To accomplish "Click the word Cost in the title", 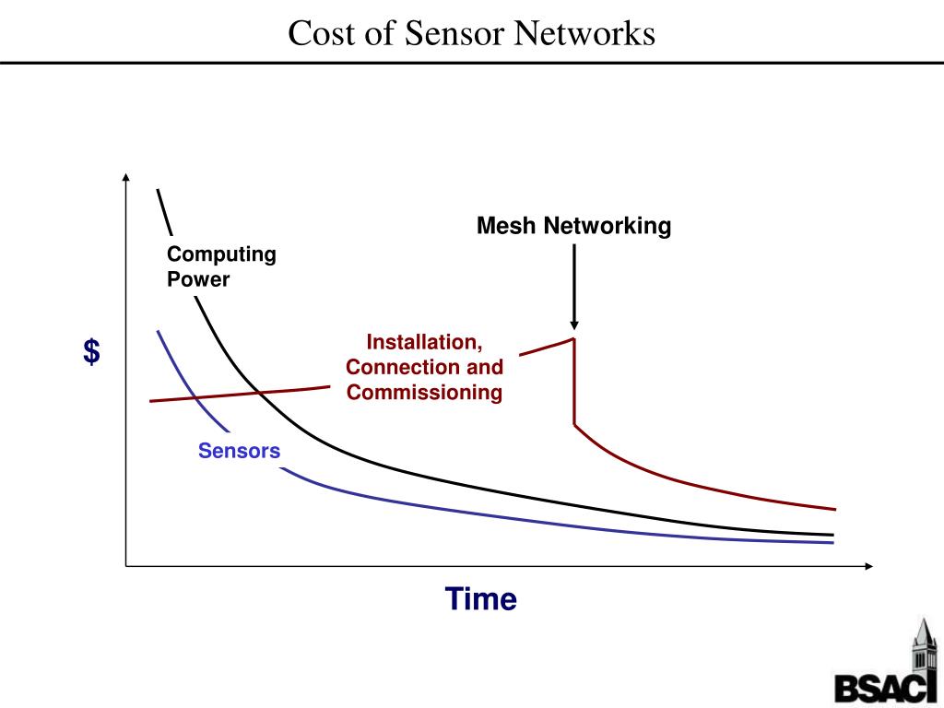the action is pyautogui.click(x=320, y=34).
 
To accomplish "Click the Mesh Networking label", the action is pyautogui.click(x=573, y=226).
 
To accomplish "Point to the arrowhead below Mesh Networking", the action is pyautogui.click(x=574, y=324).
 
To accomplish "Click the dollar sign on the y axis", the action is pyautogui.click(x=92, y=351).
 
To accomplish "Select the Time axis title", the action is pyautogui.click(x=481, y=599).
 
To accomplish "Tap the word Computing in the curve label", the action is pyautogui.click(x=221, y=254).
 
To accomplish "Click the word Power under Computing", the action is pyautogui.click(x=198, y=278).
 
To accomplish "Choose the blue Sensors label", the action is pyautogui.click(x=239, y=451).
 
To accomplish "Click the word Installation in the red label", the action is pyautogui.click(x=424, y=343).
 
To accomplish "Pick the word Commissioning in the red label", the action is pyautogui.click(x=424, y=393).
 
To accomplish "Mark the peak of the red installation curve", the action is pyautogui.click(x=574, y=338).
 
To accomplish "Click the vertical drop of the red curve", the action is pyautogui.click(x=574, y=383).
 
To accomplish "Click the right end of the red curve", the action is pyautogui.click(x=834, y=509).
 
